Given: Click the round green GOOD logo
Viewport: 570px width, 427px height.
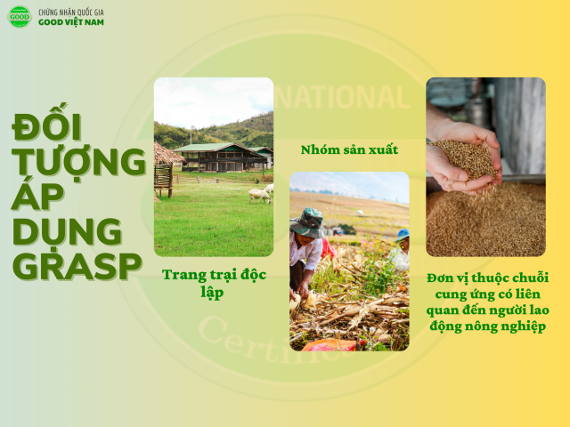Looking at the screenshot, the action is click(x=20, y=17).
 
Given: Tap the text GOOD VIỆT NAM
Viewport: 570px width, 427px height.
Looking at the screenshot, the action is click(x=71, y=22).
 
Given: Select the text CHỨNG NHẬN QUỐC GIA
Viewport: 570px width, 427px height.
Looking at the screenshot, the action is click(x=71, y=12).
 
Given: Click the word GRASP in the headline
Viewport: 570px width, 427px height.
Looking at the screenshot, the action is click(x=77, y=265).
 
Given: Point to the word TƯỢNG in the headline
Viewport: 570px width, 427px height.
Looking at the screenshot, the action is click(x=79, y=162).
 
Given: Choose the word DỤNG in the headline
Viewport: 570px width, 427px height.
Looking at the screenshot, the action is click(x=68, y=232).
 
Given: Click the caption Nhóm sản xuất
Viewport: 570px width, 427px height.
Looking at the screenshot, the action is click(x=349, y=149).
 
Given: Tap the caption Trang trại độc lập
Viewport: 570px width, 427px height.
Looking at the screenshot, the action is click(x=214, y=283).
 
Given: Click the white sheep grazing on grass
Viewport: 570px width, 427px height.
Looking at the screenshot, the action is click(x=260, y=196).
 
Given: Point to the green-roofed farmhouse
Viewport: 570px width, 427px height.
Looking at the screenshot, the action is click(x=222, y=157).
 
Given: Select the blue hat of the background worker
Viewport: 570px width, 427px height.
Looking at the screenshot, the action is click(x=403, y=235).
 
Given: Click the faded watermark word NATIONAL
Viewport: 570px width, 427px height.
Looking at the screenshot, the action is click(x=342, y=97).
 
